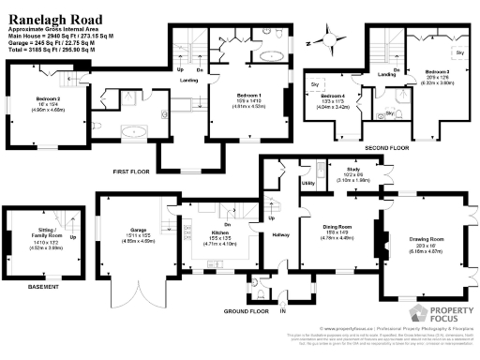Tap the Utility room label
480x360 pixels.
coord(307,184)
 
